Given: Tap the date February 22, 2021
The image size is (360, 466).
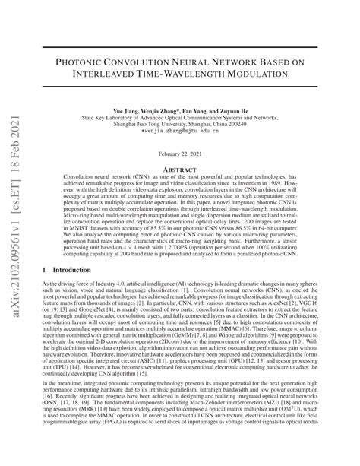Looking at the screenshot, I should tap(180, 154).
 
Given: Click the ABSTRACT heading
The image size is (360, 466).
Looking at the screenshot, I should tap(180, 170).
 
